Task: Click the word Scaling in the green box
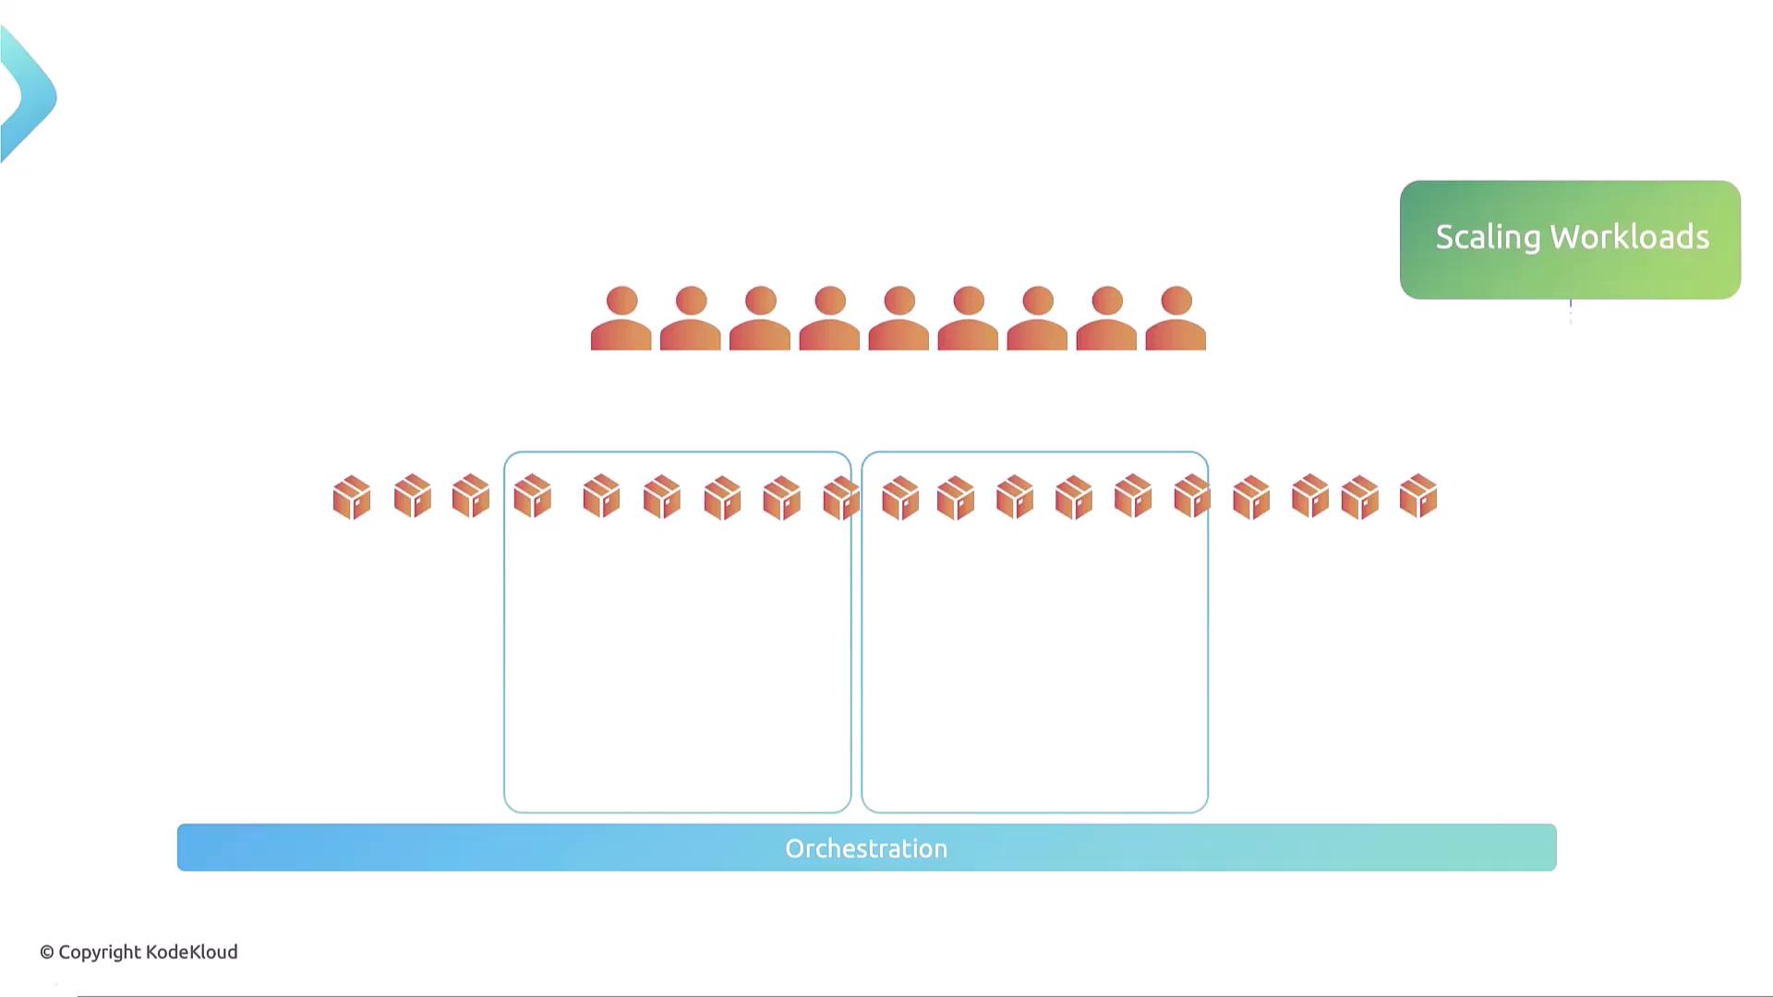1489,238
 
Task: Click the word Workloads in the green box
1630,237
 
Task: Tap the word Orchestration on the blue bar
866,848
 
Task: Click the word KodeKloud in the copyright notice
192,952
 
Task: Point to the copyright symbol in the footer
46,953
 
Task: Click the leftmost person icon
621,318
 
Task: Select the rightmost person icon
1176,318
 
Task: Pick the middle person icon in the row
899,318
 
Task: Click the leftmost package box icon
352,498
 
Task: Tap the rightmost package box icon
1418,497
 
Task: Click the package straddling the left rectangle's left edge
532,497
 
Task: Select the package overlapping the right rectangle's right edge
1192,497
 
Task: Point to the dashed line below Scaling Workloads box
1570,312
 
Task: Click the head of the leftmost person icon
621,301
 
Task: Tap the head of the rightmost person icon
1176,301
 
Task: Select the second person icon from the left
691,318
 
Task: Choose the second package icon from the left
413,497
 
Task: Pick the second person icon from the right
1106,318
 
